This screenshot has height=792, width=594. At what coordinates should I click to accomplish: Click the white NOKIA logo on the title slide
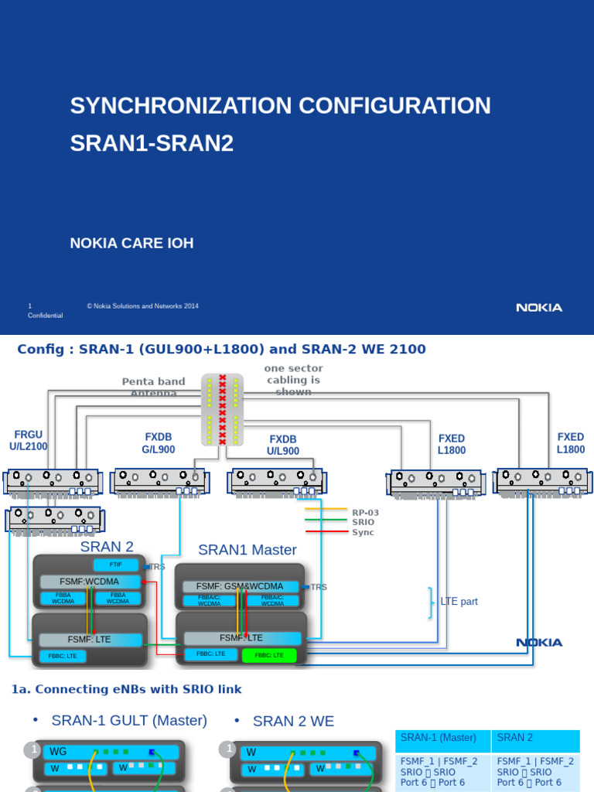(539, 308)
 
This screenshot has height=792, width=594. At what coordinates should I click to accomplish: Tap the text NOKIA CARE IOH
(131, 244)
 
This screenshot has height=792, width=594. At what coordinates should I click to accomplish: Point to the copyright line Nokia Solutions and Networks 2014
(142, 306)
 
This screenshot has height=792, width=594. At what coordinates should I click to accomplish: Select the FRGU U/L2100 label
(29, 441)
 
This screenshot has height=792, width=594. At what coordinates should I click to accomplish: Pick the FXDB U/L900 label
(283, 445)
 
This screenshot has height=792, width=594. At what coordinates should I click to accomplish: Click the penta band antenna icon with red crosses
(223, 409)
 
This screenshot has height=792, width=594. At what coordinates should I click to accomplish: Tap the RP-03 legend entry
(365, 512)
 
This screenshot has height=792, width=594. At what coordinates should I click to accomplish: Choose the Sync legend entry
(363, 532)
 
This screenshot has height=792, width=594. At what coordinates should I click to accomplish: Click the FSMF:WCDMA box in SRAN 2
(90, 581)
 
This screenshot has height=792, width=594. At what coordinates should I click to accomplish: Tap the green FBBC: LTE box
(268, 655)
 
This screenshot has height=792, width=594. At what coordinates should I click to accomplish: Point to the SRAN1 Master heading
(247, 550)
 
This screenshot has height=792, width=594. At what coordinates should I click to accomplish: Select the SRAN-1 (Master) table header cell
(439, 738)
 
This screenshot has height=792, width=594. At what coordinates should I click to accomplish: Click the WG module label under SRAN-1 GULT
(59, 751)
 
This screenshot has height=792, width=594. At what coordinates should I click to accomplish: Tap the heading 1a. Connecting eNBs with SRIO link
(127, 689)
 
